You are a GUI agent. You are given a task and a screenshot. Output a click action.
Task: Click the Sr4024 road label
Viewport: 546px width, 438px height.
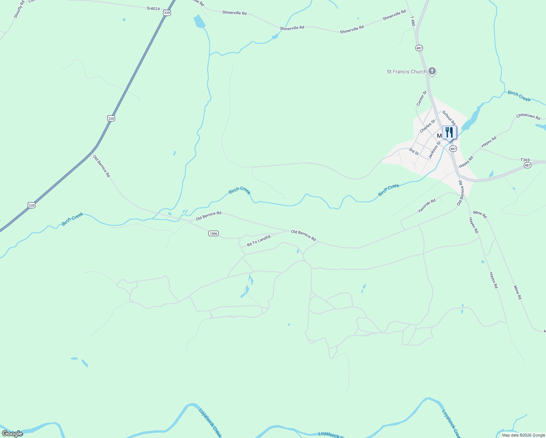click(153, 8)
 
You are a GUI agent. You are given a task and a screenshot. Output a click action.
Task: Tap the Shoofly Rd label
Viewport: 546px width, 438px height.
click(19, 9)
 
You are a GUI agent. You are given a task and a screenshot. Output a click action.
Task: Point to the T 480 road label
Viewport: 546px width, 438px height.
click(413, 21)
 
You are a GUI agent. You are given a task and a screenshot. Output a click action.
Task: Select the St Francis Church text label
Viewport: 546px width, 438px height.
click(407, 72)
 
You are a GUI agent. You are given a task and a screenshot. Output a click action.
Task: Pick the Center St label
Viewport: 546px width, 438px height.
click(422, 99)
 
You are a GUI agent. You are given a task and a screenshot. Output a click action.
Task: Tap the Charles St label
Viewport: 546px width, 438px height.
click(427, 126)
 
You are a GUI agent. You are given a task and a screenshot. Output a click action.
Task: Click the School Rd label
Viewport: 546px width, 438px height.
click(449, 118)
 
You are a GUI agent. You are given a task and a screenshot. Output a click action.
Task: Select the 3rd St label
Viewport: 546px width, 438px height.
click(414, 151)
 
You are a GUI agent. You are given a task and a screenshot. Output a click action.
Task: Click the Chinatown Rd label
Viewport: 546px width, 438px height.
click(528, 116)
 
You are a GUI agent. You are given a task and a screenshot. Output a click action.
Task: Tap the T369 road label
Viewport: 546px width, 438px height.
click(525, 160)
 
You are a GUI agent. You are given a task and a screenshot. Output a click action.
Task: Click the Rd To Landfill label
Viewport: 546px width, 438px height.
click(259, 241)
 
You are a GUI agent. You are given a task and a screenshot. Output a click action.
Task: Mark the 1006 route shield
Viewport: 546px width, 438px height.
click(214, 233)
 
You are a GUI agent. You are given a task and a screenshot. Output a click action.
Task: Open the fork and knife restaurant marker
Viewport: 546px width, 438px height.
click(449, 133)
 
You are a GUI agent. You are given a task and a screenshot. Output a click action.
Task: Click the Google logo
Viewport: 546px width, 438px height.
click(12, 434)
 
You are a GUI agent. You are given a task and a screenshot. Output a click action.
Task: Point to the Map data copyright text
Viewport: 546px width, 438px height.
click(523, 435)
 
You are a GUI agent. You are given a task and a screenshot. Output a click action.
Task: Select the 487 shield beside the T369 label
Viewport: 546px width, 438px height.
click(527, 165)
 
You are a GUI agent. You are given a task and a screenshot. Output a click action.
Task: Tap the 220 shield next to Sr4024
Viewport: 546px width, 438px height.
click(167, 13)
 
